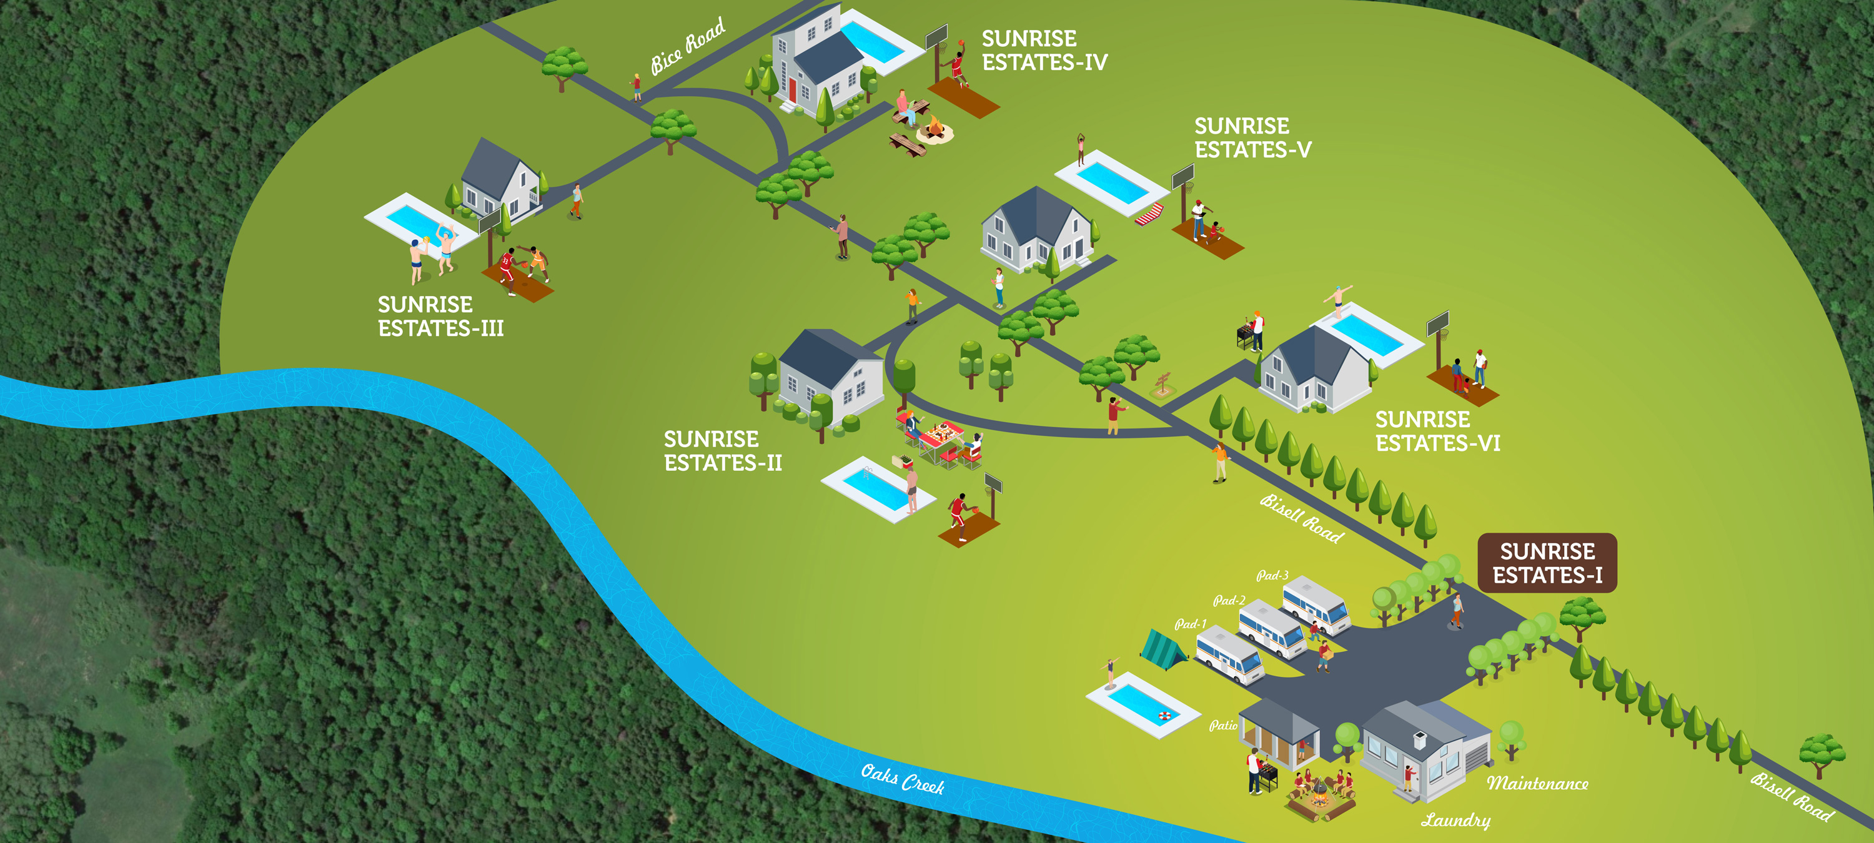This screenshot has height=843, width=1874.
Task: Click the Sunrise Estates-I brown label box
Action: (1547, 563)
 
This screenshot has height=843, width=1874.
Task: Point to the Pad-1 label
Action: (1190, 624)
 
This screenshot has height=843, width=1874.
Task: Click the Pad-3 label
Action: (1272, 575)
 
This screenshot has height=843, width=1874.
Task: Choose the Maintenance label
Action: (1537, 783)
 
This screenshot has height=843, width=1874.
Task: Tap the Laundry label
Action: (1455, 820)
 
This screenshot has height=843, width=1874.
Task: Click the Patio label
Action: (1223, 725)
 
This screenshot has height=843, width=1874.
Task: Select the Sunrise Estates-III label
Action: (440, 316)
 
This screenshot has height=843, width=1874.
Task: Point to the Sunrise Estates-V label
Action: (1252, 137)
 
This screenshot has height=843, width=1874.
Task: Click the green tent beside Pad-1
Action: (1162, 648)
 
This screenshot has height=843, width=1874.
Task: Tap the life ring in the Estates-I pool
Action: (1165, 716)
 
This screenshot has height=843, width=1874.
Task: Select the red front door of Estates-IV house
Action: (792, 90)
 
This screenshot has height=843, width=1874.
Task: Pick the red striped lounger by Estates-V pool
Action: (1149, 215)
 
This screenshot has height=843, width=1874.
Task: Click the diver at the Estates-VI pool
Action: (1337, 300)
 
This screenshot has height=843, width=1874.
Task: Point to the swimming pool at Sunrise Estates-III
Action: (411, 220)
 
